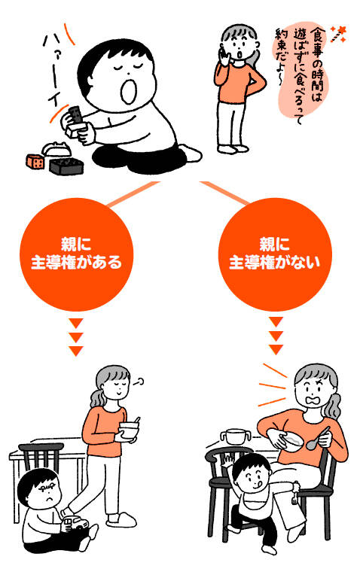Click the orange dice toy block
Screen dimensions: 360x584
tap(35, 161)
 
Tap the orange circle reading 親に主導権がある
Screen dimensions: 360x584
tap(76, 254)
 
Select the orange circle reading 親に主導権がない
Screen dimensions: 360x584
tap(275, 254)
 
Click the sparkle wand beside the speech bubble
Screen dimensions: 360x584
tap(339, 34)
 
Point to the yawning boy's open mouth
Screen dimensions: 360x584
tap(129, 91)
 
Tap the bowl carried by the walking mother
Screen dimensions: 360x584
tap(129, 430)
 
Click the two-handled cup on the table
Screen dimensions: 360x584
tap(235, 436)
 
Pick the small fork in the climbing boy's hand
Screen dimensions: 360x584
tap(295, 495)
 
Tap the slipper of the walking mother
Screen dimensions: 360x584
tap(121, 520)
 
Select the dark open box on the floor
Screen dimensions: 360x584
tap(66, 166)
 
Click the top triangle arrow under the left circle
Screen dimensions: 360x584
tap(76, 324)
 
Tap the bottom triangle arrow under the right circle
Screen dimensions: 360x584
tap(276, 350)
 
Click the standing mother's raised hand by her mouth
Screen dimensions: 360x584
tap(224, 55)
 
